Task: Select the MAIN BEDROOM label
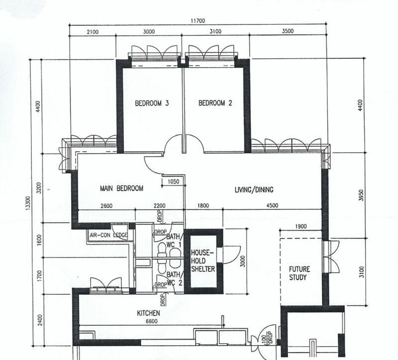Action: pos(121,188)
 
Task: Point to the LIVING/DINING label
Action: pos(254,189)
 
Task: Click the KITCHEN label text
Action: pos(148,313)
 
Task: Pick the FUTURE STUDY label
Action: pos(299,273)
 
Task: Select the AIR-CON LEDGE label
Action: pos(108,235)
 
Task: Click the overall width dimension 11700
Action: pos(198,21)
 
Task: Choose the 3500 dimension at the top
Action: pos(288,31)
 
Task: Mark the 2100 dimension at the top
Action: pos(92,31)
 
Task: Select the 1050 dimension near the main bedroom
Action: pos(174,182)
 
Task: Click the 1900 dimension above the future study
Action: pos(300,226)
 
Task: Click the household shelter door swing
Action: pos(228,255)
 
